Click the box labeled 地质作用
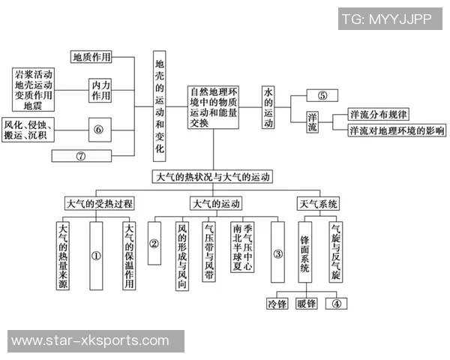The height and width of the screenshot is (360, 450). click(x=92, y=56)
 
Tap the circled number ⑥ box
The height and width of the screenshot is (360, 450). click(x=97, y=129)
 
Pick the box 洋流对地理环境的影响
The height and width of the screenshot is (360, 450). click(x=395, y=130)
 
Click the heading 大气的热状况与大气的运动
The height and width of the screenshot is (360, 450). click(x=212, y=178)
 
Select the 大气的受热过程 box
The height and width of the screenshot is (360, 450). click(x=98, y=203)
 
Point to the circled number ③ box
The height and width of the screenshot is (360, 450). click(x=277, y=253)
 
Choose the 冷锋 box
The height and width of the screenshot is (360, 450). click(x=276, y=304)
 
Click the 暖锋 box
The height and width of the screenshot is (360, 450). click(x=306, y=304)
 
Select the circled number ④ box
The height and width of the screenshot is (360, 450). click(x=337, y=304)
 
